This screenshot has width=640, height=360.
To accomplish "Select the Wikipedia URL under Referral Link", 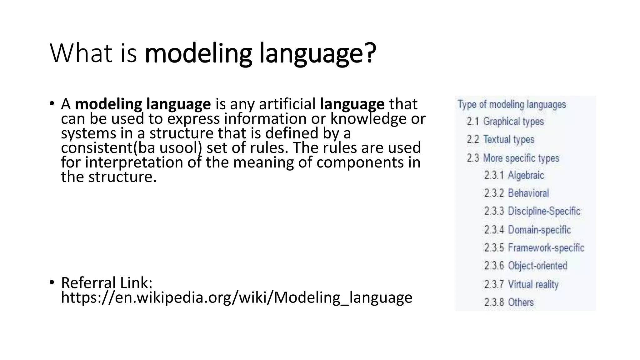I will coord(237,297).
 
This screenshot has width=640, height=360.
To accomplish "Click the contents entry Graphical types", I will coord(513,122).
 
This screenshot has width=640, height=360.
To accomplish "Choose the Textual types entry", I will coord(508,139).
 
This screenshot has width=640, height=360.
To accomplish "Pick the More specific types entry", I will coord(521,158).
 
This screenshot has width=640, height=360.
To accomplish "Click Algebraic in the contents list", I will coord(526,175).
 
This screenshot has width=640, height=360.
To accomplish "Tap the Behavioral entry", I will coord(528,193).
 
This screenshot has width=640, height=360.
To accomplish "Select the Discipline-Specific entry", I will coord(544,211).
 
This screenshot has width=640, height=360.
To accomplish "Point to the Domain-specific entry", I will coord(539,230).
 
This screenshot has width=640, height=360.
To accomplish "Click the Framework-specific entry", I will coord(546,248).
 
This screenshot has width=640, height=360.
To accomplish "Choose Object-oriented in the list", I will coord(537,266).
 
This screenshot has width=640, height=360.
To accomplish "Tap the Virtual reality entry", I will coord(533,284).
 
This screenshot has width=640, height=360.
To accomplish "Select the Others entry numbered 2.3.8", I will coord(521,302).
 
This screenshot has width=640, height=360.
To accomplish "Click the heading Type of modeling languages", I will coord(512,104).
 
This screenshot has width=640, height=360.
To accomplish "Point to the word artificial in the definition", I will coord(287,104).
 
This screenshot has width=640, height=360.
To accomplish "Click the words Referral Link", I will coord(107,283).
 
